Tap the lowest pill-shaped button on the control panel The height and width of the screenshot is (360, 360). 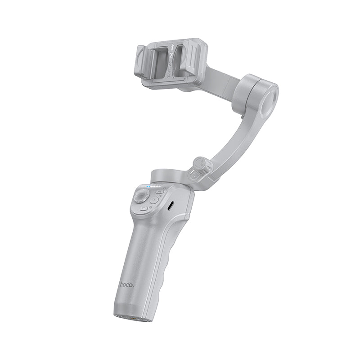tap(144, 208)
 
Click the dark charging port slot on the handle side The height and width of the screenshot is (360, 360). tap(171, 206)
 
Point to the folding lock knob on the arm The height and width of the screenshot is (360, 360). tap(200, 165)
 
